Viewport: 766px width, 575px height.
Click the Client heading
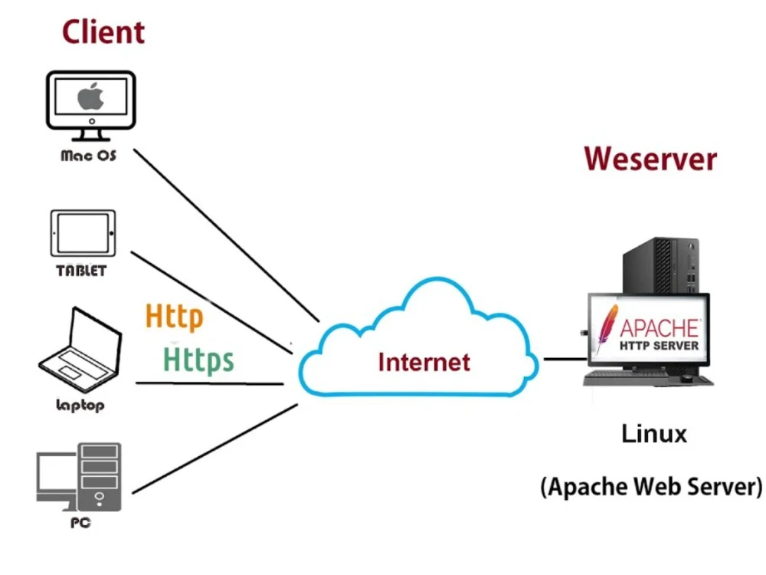(103, 32)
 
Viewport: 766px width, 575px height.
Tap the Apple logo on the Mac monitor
(91, 98)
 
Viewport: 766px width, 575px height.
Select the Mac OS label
(89, 156)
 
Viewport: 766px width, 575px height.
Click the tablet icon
(83, 234)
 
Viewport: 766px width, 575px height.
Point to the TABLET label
(81, 271)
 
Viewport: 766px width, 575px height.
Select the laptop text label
(80, 406)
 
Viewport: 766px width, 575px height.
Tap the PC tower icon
(100, 475)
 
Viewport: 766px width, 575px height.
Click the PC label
(80, 523)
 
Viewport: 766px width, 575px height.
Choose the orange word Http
(175, 316)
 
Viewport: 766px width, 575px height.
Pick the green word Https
(199, 358)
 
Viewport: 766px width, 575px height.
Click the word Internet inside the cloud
(424, 361)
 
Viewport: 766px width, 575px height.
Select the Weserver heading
(650, 159)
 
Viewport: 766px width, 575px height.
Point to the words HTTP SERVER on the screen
(659, 346)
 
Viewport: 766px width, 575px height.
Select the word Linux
(653, 434)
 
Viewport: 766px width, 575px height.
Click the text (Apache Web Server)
(652, 487)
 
